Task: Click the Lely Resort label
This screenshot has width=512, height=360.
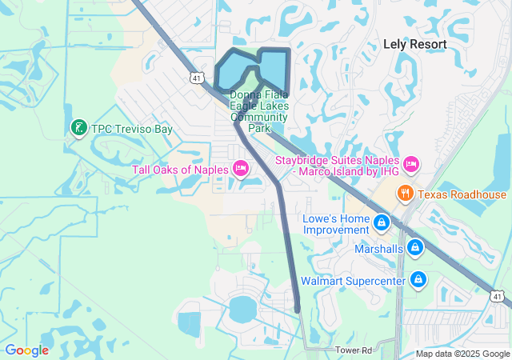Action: click(x=414, y=44)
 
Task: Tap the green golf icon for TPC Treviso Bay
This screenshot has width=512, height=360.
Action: click(x=79, y=127)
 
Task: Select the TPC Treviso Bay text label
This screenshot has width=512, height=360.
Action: click(x=132, y=128)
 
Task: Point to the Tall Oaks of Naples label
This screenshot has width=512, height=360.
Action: click(x=180, y=168)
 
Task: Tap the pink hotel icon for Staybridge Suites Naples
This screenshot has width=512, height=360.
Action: click(x=411, y=164)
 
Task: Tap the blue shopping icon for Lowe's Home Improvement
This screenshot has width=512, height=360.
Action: click(x=382, y=222)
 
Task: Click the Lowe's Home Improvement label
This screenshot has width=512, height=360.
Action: click(x=337, y=224)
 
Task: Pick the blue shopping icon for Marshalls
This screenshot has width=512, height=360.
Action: click(x=414, y=248)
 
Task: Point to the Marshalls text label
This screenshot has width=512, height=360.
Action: click(x=379, y=249)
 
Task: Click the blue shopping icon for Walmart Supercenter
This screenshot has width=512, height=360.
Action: click(x=417, y=280)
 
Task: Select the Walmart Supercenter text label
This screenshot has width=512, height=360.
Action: click(x=354, y=282)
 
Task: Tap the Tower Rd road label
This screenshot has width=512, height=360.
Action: click(x=354, y=350)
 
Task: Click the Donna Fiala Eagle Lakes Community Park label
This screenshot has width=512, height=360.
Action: click(x=258, y=111)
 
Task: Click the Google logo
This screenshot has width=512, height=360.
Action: click(x=27, y=350)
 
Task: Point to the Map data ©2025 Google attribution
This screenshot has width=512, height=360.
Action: click(x=462, y=354)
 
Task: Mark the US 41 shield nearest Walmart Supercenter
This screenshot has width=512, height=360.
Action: click(x=498, y=297)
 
